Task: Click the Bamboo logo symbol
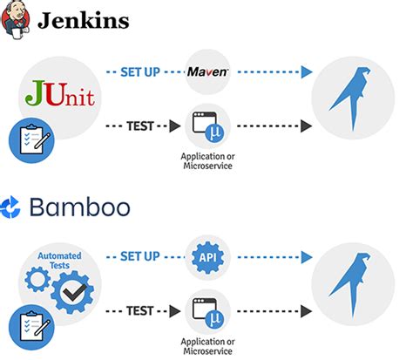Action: click(13, 207)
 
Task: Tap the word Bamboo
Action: click(79, 207)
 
